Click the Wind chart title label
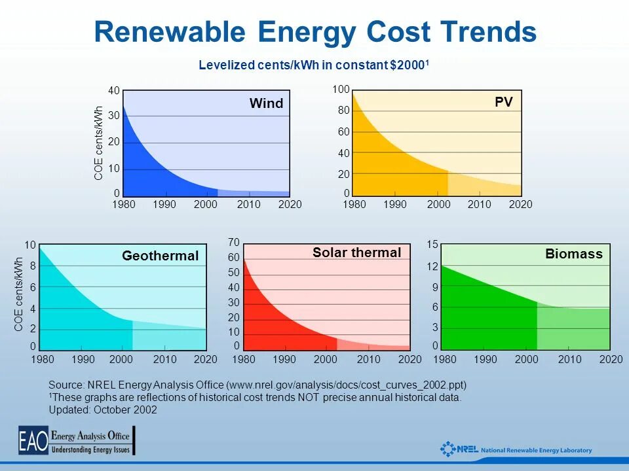(266, 103)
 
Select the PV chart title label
(503, 102)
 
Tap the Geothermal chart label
(160, 256)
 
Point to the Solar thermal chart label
(356, 253)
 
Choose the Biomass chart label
(573, 254)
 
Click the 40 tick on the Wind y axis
(114, 91)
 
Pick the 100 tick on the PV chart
(341, 89)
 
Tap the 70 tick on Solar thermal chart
(233, 243)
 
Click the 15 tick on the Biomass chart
(432, 245)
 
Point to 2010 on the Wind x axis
(248, 205)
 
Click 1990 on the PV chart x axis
(395, 205)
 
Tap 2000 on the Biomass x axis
(527, 360)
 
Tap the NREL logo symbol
(448, 449)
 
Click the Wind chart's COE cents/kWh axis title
(99, 143)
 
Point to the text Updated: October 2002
(103, 410)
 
